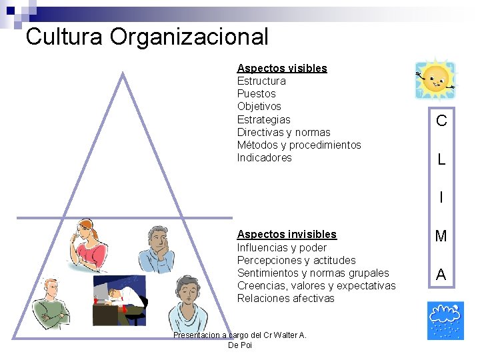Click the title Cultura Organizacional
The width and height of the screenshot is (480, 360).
click(x=147, y=36)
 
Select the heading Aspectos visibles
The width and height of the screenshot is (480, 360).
click(x=282, y=68)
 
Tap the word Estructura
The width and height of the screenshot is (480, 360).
click(x=261, y=81)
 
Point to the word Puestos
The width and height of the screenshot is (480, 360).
click(x=256, y=93)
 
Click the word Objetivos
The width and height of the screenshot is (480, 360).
click(x=259, y=106)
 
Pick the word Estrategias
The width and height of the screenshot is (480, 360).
click(x=263, y=119)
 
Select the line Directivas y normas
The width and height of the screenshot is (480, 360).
click(x=283, y=132)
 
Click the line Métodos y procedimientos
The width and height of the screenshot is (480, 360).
click(x=299, y=145)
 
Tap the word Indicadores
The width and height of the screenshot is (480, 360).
click(x=264, y=157)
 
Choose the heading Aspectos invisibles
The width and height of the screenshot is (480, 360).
click(x=287, y=234)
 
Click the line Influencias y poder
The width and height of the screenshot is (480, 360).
click(x=281, y=247)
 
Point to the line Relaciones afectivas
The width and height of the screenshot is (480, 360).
click(x=285, y=298)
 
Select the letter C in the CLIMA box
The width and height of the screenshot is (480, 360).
click(x=441, y=121)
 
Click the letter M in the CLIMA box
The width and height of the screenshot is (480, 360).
click(x=441, y=236)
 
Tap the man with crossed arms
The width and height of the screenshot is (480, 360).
click(x=52, y=305)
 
